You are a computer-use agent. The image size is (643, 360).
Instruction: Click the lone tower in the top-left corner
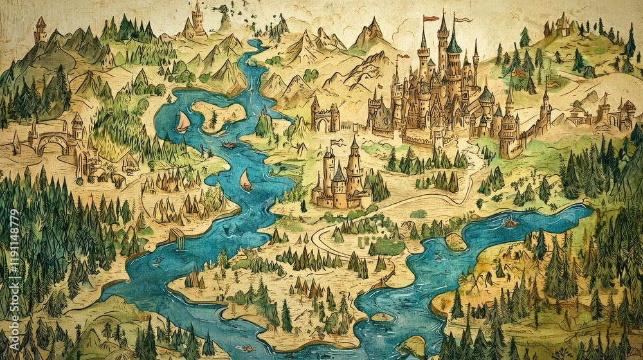41,29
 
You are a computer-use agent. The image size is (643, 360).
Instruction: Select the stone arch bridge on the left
51,141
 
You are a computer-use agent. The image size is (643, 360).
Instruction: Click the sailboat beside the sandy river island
183,122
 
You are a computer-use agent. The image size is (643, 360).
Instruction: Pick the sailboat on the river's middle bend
246,181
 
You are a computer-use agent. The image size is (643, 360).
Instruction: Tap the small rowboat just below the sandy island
228,145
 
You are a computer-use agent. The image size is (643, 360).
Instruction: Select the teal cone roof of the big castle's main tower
454,44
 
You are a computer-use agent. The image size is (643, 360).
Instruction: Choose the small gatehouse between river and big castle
325,118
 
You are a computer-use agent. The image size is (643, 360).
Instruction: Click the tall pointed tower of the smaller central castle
354,161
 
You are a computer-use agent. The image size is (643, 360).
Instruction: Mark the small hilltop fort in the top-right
563,26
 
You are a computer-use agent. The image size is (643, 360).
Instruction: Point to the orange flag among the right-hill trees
518,73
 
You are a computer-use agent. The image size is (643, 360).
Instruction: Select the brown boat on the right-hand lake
510,222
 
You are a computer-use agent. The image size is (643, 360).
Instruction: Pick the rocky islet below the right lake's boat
455,241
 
